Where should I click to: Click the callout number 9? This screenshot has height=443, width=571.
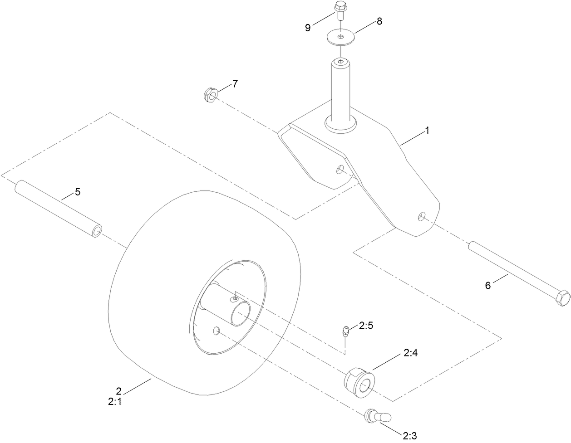308,27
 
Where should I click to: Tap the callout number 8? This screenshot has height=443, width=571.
379,21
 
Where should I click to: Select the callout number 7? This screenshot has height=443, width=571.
235,83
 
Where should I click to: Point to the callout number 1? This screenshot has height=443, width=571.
427,131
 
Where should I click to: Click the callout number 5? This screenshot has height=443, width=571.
78,192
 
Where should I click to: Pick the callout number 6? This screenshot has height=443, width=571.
488,285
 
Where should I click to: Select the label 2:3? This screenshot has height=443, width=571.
410,436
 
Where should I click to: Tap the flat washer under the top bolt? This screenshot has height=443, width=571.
340,37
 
